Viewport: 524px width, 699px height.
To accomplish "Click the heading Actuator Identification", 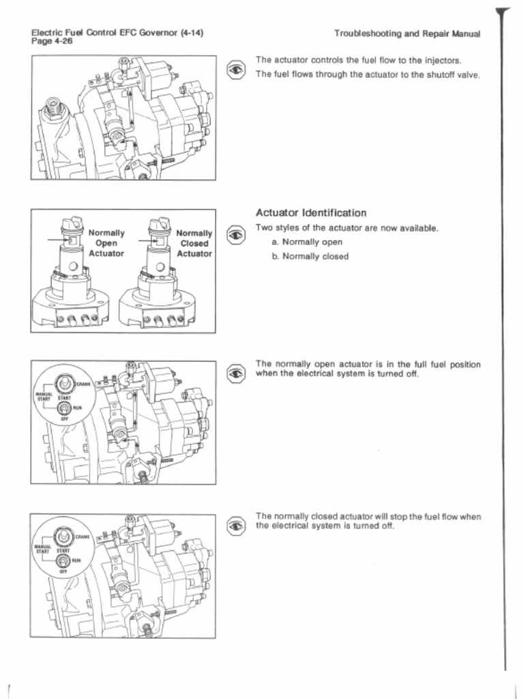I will [310, 213].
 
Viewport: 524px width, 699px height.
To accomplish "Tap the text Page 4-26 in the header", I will [52, 41].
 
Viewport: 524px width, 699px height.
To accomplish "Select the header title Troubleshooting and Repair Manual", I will [407, 33].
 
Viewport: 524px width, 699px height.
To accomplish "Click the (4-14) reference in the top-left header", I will [192, 32].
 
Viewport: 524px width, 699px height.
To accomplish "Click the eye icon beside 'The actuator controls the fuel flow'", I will [235, 68].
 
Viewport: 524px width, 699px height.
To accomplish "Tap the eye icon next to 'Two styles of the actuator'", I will [235, 236].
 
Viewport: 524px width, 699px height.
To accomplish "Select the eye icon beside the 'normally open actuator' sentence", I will [235, 373].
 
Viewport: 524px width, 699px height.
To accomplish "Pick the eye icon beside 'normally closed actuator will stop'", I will [235, 525].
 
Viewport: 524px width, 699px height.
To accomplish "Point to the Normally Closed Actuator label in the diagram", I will [194, 243].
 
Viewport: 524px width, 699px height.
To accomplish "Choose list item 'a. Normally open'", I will [307, 242].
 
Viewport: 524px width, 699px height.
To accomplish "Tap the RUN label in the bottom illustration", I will [76, 560].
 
